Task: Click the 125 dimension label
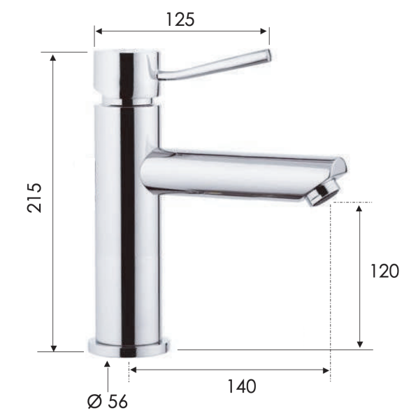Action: (x=180, y=19)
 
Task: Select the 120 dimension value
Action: (x=384, y=272)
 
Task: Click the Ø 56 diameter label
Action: (x=108, y=401)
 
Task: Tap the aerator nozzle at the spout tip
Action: (x=322, y=192)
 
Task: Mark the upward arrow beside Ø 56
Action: (x=108, y=366)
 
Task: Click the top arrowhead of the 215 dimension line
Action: (x=54, y=57)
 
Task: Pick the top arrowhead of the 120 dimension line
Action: (x=360, y=208)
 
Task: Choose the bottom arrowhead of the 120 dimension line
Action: (x=360, y=344)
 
